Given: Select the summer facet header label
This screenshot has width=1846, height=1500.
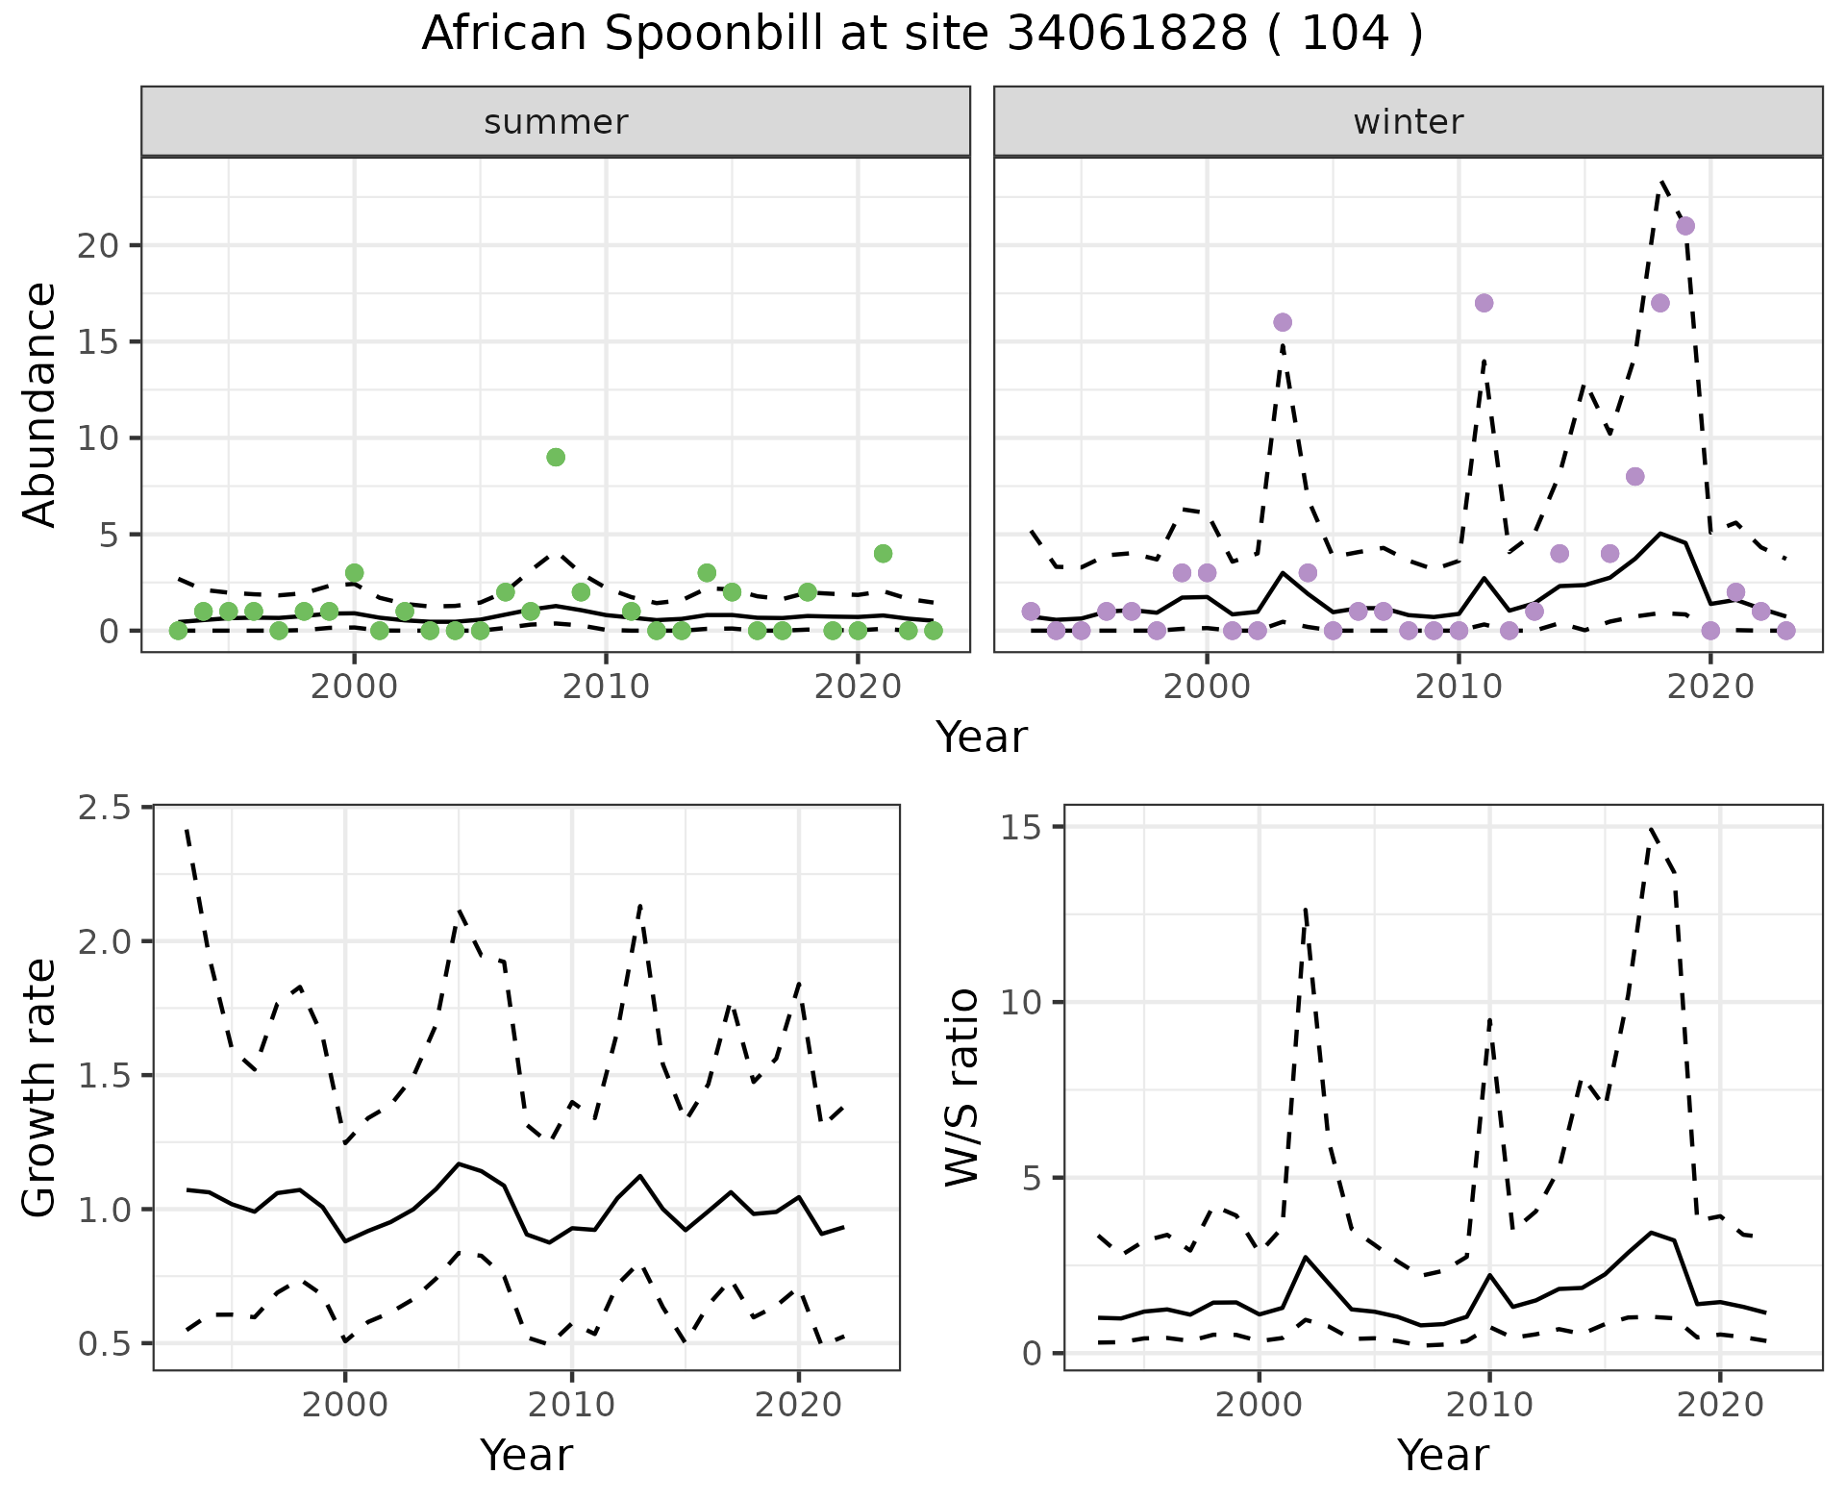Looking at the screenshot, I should tap(556, 122).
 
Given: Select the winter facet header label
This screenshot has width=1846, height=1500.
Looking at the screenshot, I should tap(1408, 122).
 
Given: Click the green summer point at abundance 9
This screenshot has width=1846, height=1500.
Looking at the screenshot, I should tap(556, 457).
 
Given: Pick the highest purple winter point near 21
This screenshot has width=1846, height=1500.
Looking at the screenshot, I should tap(1684, 226).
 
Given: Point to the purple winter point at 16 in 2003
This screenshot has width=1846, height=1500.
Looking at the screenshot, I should tap(1282, 322).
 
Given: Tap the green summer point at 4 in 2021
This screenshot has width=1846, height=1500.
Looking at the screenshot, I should tap(883, 553).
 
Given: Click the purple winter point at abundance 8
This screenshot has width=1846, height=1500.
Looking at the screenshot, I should tap(1634, 476).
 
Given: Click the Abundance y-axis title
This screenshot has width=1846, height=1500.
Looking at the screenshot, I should tap(40, 404).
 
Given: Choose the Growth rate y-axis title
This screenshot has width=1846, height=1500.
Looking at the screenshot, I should tap(40, 1087).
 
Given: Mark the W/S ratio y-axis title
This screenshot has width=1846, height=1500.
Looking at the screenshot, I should tap(961, 1087).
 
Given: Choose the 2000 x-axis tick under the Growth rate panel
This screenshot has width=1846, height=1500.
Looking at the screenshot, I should tap(344, 1405).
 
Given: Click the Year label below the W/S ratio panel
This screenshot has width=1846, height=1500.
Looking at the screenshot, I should tap(1442, 1455).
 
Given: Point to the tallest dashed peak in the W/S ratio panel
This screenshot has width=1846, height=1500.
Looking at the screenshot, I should tap(1650, 828).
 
